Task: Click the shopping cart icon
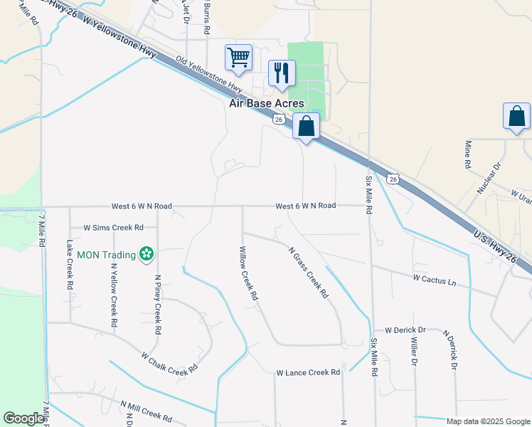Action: tap(238, 57)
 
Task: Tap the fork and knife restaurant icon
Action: tap(282, 73)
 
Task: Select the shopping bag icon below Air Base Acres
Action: tap(306, 127)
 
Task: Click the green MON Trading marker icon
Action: tap(146, 253)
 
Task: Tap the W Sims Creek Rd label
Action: tap(113, 228)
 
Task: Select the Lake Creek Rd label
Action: tap(70, 263)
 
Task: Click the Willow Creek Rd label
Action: tap(248, 274)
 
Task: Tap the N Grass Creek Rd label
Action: tap(308, 272)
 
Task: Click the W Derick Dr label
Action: tap(405, 330)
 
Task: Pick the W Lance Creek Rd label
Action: tap(309, 372)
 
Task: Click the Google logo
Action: tap(23, 419)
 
